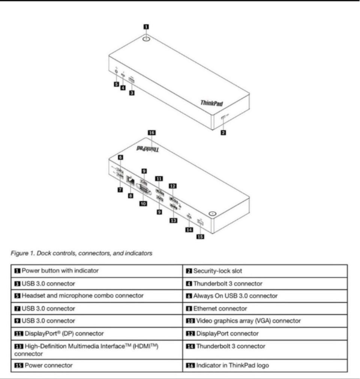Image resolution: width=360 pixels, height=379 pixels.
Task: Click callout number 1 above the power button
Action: coord(146,27)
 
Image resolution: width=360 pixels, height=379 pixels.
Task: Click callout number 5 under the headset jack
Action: coord(117,84)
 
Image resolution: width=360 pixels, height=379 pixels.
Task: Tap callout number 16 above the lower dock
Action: coord(151,132)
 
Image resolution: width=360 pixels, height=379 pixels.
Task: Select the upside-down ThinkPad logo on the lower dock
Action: coord(147,148)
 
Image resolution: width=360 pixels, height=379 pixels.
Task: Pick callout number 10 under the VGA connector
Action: coord(142,204)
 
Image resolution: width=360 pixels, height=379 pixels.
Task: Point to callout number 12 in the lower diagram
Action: coord(173,186)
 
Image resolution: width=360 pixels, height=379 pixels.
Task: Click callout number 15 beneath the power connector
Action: coord(201,237)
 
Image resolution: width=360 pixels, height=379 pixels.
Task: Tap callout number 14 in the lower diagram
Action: coord(189,229)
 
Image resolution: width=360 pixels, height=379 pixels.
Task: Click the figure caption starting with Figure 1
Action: coord(81,253)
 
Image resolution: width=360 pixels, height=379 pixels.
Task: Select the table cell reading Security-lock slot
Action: coord(214,271)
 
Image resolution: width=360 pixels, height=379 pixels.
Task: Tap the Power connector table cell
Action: coord(48,365)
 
